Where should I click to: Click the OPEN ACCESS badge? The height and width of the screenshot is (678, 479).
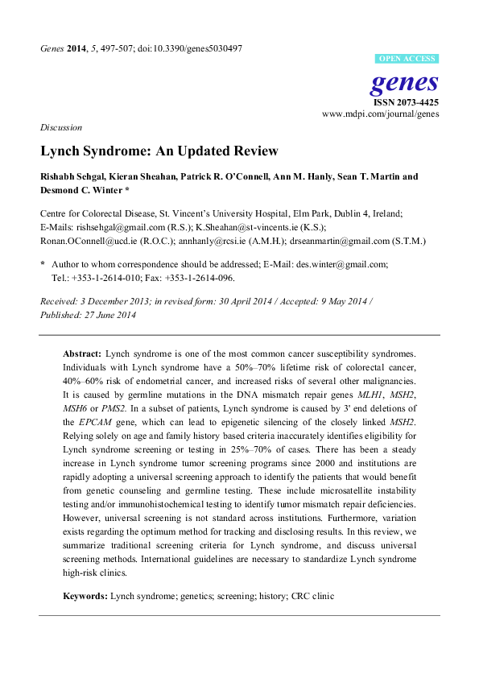pos(408,59)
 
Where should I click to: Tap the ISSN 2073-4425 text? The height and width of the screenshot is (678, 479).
pos(405,102)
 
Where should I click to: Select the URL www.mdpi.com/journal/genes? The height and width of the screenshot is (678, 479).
pos(380,115)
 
